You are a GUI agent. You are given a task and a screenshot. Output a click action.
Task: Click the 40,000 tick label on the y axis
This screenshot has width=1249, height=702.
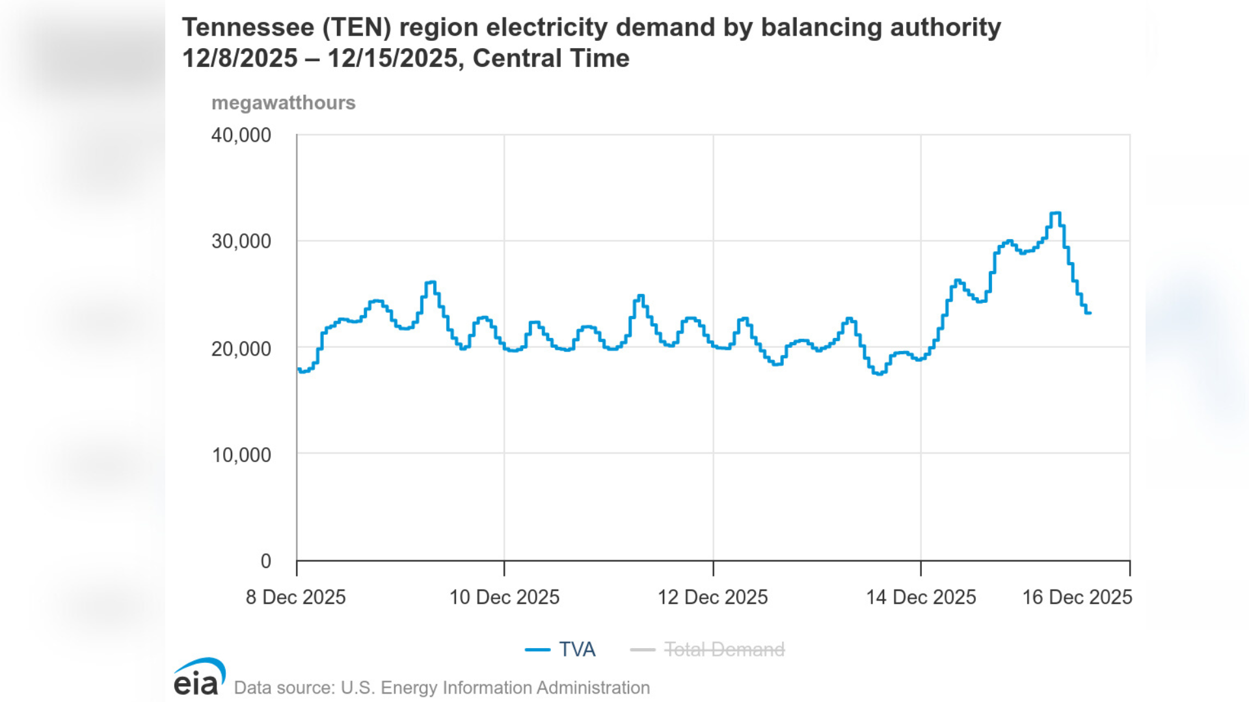point(241,135)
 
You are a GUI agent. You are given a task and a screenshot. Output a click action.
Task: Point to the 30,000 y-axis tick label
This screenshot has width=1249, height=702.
point(241,241)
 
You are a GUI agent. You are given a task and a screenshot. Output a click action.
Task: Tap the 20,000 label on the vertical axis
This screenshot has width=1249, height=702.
point(241,348)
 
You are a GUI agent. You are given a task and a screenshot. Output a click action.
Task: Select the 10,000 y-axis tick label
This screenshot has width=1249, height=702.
point(241,454)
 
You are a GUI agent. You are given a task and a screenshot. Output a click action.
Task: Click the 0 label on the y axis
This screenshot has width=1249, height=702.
point(265,561)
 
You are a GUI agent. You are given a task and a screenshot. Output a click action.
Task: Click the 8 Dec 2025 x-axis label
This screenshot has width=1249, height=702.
point(295,597)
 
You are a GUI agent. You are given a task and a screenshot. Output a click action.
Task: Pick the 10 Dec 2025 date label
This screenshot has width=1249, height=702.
point(504,597)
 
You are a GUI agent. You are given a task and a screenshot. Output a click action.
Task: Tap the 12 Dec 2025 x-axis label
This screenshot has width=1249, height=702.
point(712,597)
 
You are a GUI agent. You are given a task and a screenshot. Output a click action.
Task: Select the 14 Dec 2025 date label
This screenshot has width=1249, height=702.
point(920,597)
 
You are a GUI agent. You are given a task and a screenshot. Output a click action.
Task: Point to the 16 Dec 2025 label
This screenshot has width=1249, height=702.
point(1077,597)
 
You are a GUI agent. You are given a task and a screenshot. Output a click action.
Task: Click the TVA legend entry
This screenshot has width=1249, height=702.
point(577,649)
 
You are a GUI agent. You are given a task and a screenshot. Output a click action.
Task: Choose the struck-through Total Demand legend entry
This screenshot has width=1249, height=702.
point(724,649)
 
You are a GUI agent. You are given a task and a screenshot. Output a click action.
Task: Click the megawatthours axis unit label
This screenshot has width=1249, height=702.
point(283,103)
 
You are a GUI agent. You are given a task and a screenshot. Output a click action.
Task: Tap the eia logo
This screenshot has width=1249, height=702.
point(198,677)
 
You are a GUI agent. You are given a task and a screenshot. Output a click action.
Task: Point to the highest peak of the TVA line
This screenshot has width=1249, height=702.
point(1055,213)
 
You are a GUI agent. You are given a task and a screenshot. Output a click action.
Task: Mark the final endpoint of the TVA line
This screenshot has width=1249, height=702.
point(1090,313)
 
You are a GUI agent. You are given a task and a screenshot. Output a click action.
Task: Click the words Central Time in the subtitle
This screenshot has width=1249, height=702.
point(550,58)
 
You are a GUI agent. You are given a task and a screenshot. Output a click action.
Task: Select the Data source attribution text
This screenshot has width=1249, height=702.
point(442,688)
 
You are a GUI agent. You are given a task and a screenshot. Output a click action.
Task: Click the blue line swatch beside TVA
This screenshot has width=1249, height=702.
point(537,649)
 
